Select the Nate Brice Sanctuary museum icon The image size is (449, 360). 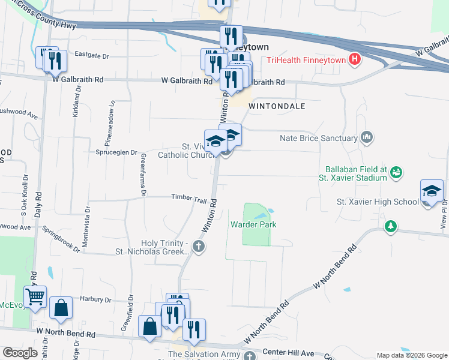point(367,139)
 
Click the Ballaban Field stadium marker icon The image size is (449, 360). point(396,173)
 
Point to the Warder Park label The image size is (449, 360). point(252,225)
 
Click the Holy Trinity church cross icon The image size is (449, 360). point(199,247)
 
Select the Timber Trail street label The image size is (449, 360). point(189,197)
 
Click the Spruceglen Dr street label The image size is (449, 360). point(117,152)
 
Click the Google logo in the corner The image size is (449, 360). point(19,353)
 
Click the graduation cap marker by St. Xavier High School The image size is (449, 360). point(432,191)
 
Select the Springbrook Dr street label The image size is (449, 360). point(61,239)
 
